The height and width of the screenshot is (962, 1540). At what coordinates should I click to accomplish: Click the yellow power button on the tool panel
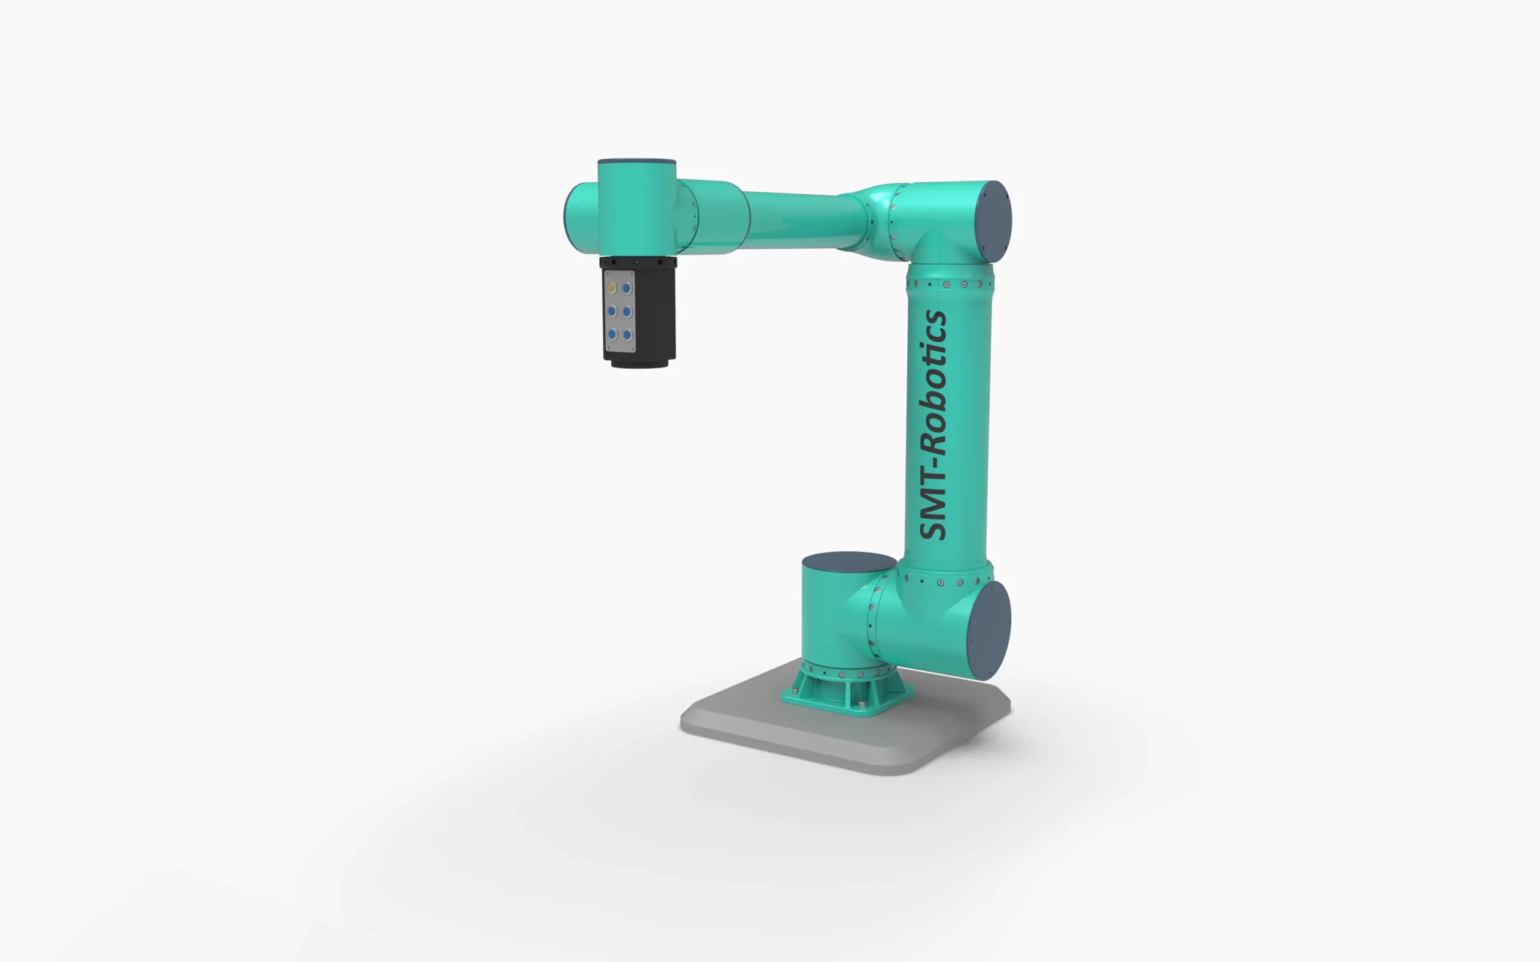pyautogui.click(x=612, y=288)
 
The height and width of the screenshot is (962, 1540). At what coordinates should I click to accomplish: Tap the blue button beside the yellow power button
pyautogui.click(x=627, y=288)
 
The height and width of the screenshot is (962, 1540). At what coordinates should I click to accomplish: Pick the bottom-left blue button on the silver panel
pyautogui.click(x=612, y=334)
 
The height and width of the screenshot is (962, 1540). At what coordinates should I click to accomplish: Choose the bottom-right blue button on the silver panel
pyautogui.click(x=627, y=335)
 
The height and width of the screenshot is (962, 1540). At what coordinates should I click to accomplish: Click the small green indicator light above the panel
pyautogui.click(x=636, y=262)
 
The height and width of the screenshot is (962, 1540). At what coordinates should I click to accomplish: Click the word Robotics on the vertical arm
pyautogui.click(x=934, y=382)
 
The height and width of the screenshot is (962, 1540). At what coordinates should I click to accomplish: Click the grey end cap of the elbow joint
pyautogui.click(x=994, y=222)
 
